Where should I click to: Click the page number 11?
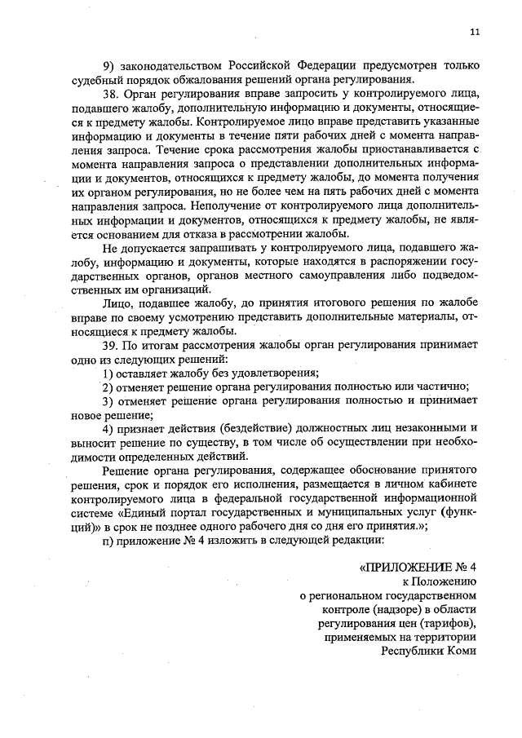475,32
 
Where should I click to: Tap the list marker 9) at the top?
108,65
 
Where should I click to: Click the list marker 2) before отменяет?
108,387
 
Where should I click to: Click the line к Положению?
439,582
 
